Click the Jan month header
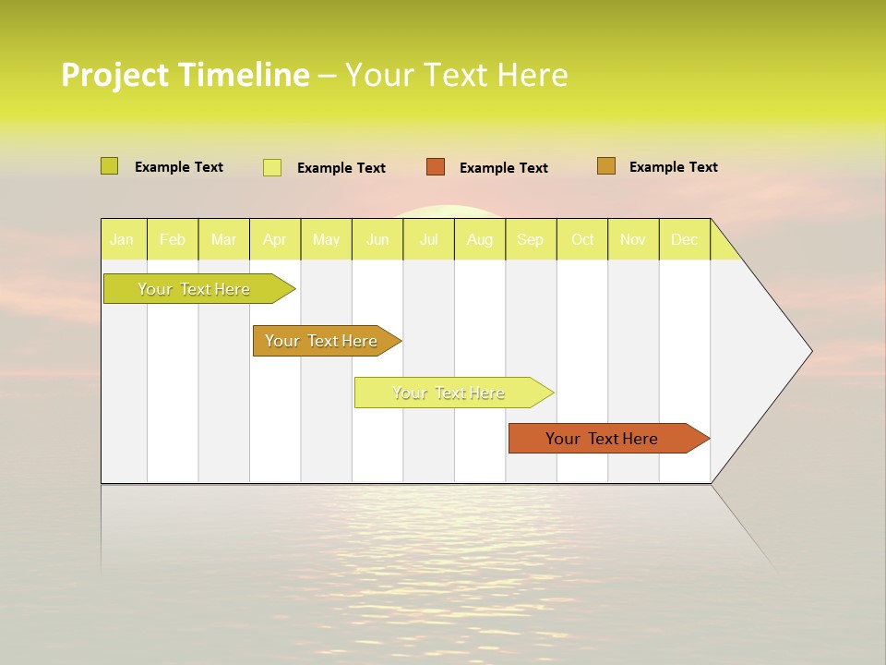122,240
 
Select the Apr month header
274,240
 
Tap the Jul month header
428,240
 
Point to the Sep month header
530,240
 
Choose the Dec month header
684,240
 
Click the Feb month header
173,240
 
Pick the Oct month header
582,240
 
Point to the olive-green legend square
109,166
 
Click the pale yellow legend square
272,167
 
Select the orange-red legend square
436,167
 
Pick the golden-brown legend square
606,166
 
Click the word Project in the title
114,75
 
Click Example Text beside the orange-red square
503,168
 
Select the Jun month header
377,240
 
